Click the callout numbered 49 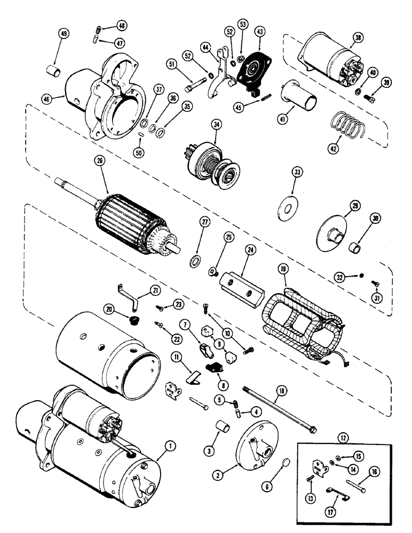click(x=64, y=35)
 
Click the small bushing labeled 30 click(x=353, y=247)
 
